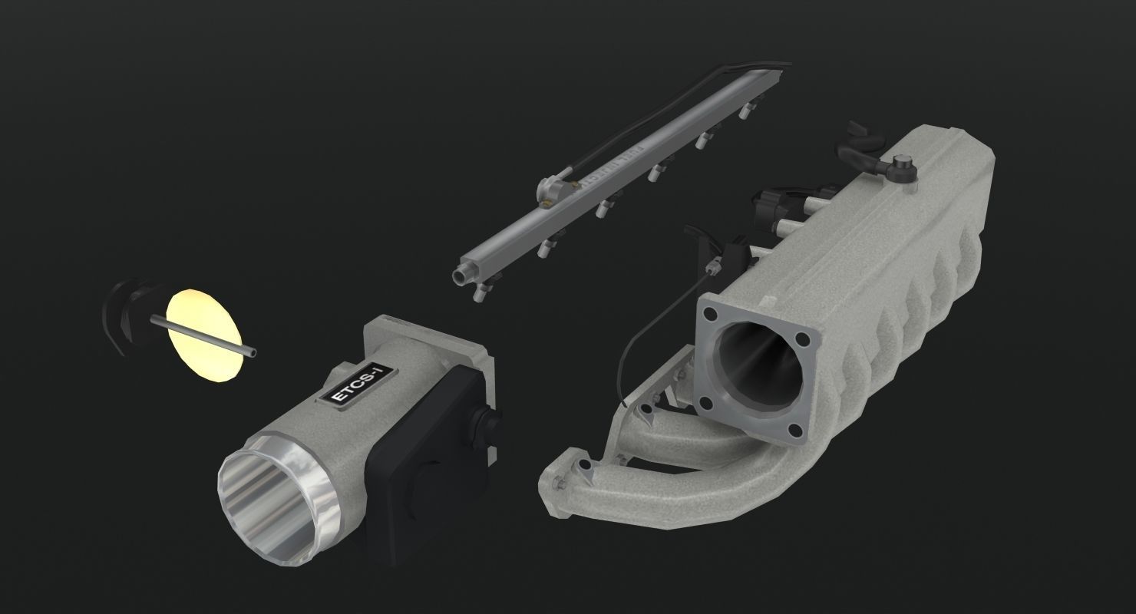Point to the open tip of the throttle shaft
pyautogui.click(x=253, y=353)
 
